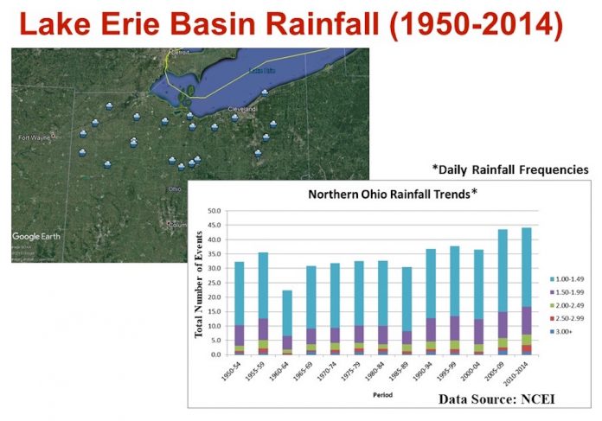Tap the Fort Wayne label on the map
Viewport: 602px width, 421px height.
35,137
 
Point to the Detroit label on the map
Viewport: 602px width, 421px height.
181,53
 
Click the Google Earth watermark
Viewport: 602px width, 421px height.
40,236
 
